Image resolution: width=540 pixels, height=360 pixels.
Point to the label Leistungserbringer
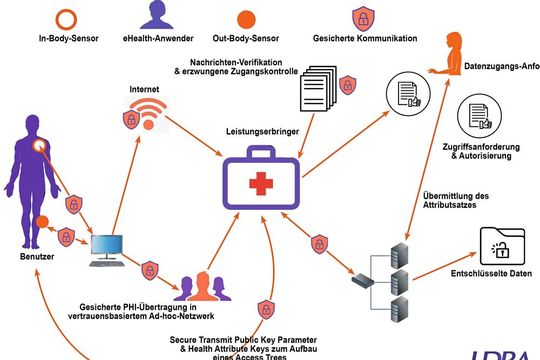pyautogui.click(x=263, y=132)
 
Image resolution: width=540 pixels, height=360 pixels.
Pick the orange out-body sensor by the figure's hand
pyautogui.click(x=42, y=220)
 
